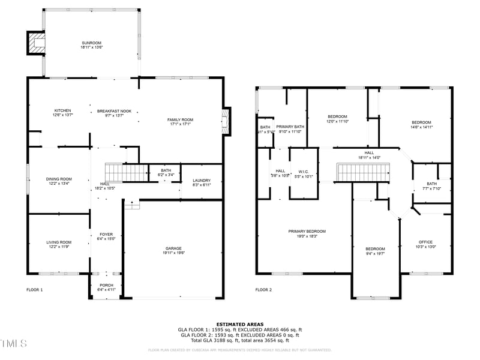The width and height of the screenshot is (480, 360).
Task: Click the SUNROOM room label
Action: pos(92,43)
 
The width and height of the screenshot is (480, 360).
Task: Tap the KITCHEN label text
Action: pos(63,111)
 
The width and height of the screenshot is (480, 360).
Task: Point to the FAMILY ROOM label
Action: pos(180,120)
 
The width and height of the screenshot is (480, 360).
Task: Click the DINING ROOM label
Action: pos(59,179)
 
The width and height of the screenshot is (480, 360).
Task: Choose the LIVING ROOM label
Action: pos(59,242)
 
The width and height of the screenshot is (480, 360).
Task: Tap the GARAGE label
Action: pos(174,248)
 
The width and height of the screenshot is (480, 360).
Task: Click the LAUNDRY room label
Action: pos(202,181)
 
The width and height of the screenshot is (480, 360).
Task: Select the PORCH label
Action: pos(106,286)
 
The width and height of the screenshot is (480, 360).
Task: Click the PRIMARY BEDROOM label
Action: pos(307,232)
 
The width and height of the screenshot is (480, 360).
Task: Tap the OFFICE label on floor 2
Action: pos(425,242)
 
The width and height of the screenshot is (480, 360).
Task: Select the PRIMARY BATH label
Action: pos(290,127)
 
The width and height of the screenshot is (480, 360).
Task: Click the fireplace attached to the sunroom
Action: pos(36,42)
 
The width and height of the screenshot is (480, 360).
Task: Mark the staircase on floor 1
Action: pos(126,173)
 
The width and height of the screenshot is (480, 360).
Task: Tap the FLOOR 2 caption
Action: pos(263,290)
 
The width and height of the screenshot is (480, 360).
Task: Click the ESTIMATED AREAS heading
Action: pos(239,324)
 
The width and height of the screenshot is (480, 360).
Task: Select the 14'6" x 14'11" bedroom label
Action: pos(421,122)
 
